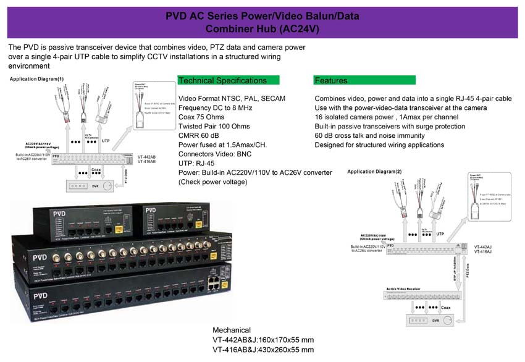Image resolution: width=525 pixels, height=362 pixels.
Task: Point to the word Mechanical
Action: [232, 330]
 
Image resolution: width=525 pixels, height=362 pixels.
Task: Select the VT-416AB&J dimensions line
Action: [263, 350]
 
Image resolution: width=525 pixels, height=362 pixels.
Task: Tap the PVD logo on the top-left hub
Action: [58, 214]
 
